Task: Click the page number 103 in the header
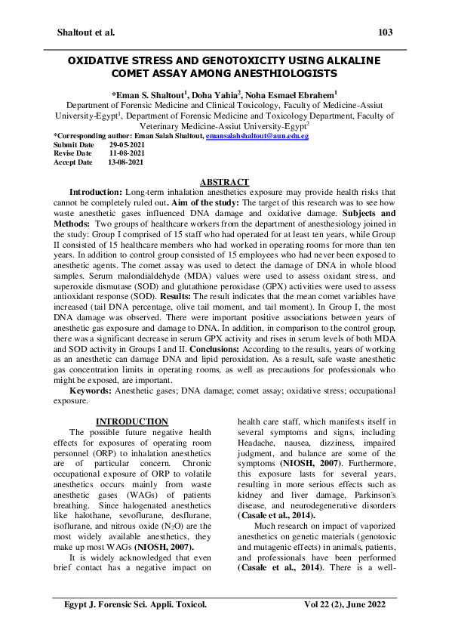tap(385, 32)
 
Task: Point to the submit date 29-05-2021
tap(126, 144)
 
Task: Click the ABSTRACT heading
tap(223, 183)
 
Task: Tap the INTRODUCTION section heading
tap(132, 421)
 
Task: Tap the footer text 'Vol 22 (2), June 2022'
tap(335, 606)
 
